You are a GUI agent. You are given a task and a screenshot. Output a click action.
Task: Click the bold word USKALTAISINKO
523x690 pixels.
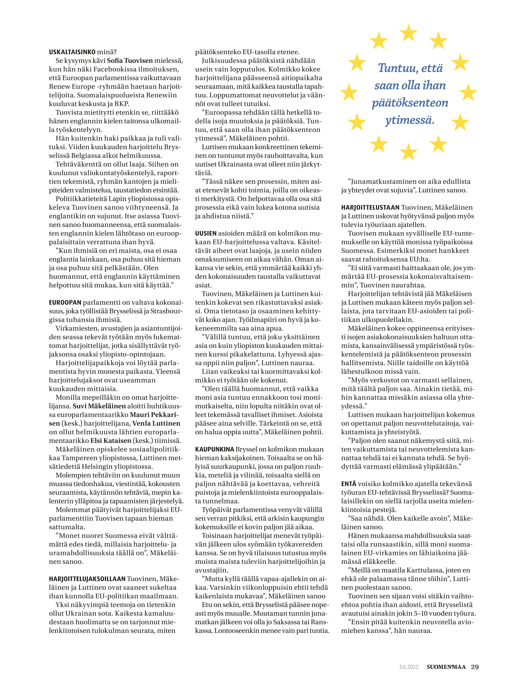coord(72,52)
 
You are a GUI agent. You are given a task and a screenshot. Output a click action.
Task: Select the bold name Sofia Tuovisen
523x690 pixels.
coord(130,61)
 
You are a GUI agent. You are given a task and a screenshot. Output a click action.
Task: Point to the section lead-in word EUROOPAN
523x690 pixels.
coord(65,303)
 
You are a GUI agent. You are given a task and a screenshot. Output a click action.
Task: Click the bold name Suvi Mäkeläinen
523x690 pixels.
coord(99,406)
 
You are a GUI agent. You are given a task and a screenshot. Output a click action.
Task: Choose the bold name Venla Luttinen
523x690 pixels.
coord(156,423)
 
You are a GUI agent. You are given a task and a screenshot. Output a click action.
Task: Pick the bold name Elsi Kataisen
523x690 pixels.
coord(111,441)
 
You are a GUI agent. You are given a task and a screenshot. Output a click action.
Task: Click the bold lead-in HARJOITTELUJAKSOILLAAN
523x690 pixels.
coord(87,579)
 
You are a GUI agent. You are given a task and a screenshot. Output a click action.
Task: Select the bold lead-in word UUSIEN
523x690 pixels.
coord(206,233)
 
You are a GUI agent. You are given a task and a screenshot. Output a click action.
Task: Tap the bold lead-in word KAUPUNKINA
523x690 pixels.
coord(215,449)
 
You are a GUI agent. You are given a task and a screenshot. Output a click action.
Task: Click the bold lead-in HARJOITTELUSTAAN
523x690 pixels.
coord(370,207)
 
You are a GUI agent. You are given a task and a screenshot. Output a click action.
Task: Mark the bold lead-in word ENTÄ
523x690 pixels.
coord(348,484)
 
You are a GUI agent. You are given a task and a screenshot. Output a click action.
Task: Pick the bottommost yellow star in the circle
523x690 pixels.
coord(409,152)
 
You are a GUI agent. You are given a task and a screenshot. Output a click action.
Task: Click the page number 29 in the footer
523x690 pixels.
coord(475,667)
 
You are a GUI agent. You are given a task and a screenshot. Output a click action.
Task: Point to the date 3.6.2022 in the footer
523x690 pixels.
coord(409,667)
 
